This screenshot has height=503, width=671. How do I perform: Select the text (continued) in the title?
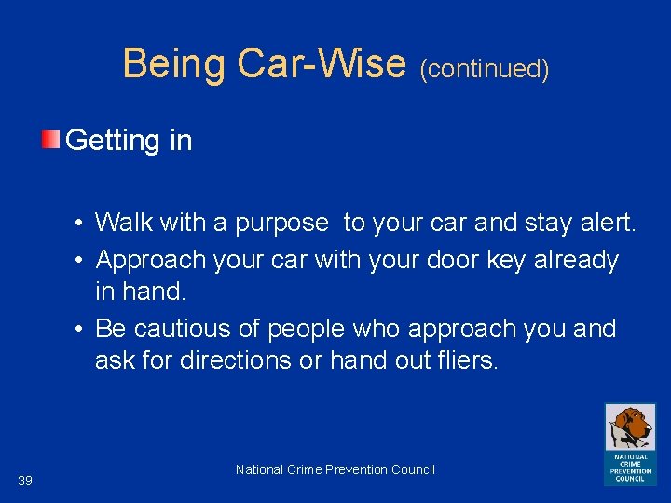point(485,68)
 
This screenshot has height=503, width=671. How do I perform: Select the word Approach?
point(153,261)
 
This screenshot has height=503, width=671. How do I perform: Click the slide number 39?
point(25,481)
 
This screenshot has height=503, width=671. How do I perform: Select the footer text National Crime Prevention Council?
point(335,469)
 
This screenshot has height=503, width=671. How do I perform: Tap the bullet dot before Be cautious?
point(83,329)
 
